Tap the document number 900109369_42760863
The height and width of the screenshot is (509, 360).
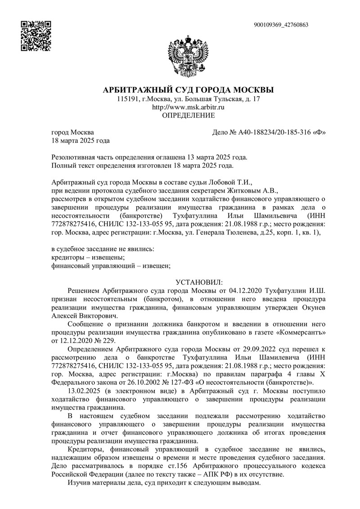[x=281, y=25]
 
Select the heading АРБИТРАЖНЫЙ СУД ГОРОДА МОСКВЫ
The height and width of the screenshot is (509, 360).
[x=188, y=90]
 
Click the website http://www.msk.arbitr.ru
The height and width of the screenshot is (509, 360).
[x=188, y=107]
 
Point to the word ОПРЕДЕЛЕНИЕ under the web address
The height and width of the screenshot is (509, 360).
[x=188, y=115]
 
